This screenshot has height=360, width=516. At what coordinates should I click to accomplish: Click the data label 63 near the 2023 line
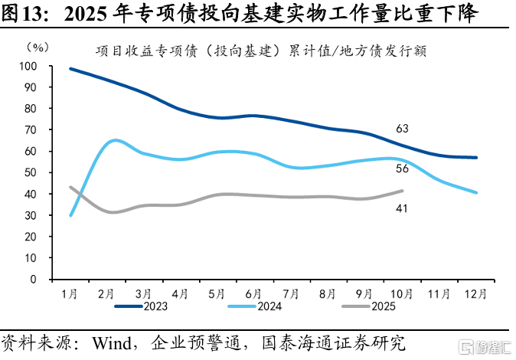[403, 129]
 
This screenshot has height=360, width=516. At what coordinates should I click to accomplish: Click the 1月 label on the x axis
[69, 293]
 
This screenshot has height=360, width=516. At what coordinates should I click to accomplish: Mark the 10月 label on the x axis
[402, 293]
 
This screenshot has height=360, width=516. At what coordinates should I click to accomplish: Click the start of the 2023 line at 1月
[70, 69]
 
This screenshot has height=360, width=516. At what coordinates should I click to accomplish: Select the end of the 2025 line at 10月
[403, 191]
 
